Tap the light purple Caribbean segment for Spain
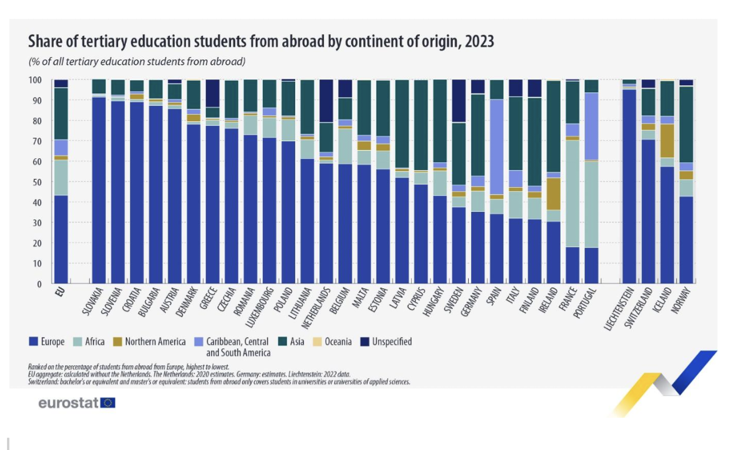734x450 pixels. coord(496,146)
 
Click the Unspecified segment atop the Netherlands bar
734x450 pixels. coord(326,101)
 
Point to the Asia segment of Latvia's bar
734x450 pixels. coord(402,124)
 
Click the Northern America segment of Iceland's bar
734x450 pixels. coord(667,141)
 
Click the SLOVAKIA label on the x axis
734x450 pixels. coord(95,302)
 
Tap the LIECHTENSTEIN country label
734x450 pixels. coord(620,309)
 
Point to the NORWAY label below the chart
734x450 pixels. coord(683,301)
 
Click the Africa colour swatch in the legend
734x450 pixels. coord(81,341)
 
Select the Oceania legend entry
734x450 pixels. coord(338,341)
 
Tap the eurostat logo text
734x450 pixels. coord(68,403)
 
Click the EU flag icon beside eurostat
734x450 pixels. coord(108,403)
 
